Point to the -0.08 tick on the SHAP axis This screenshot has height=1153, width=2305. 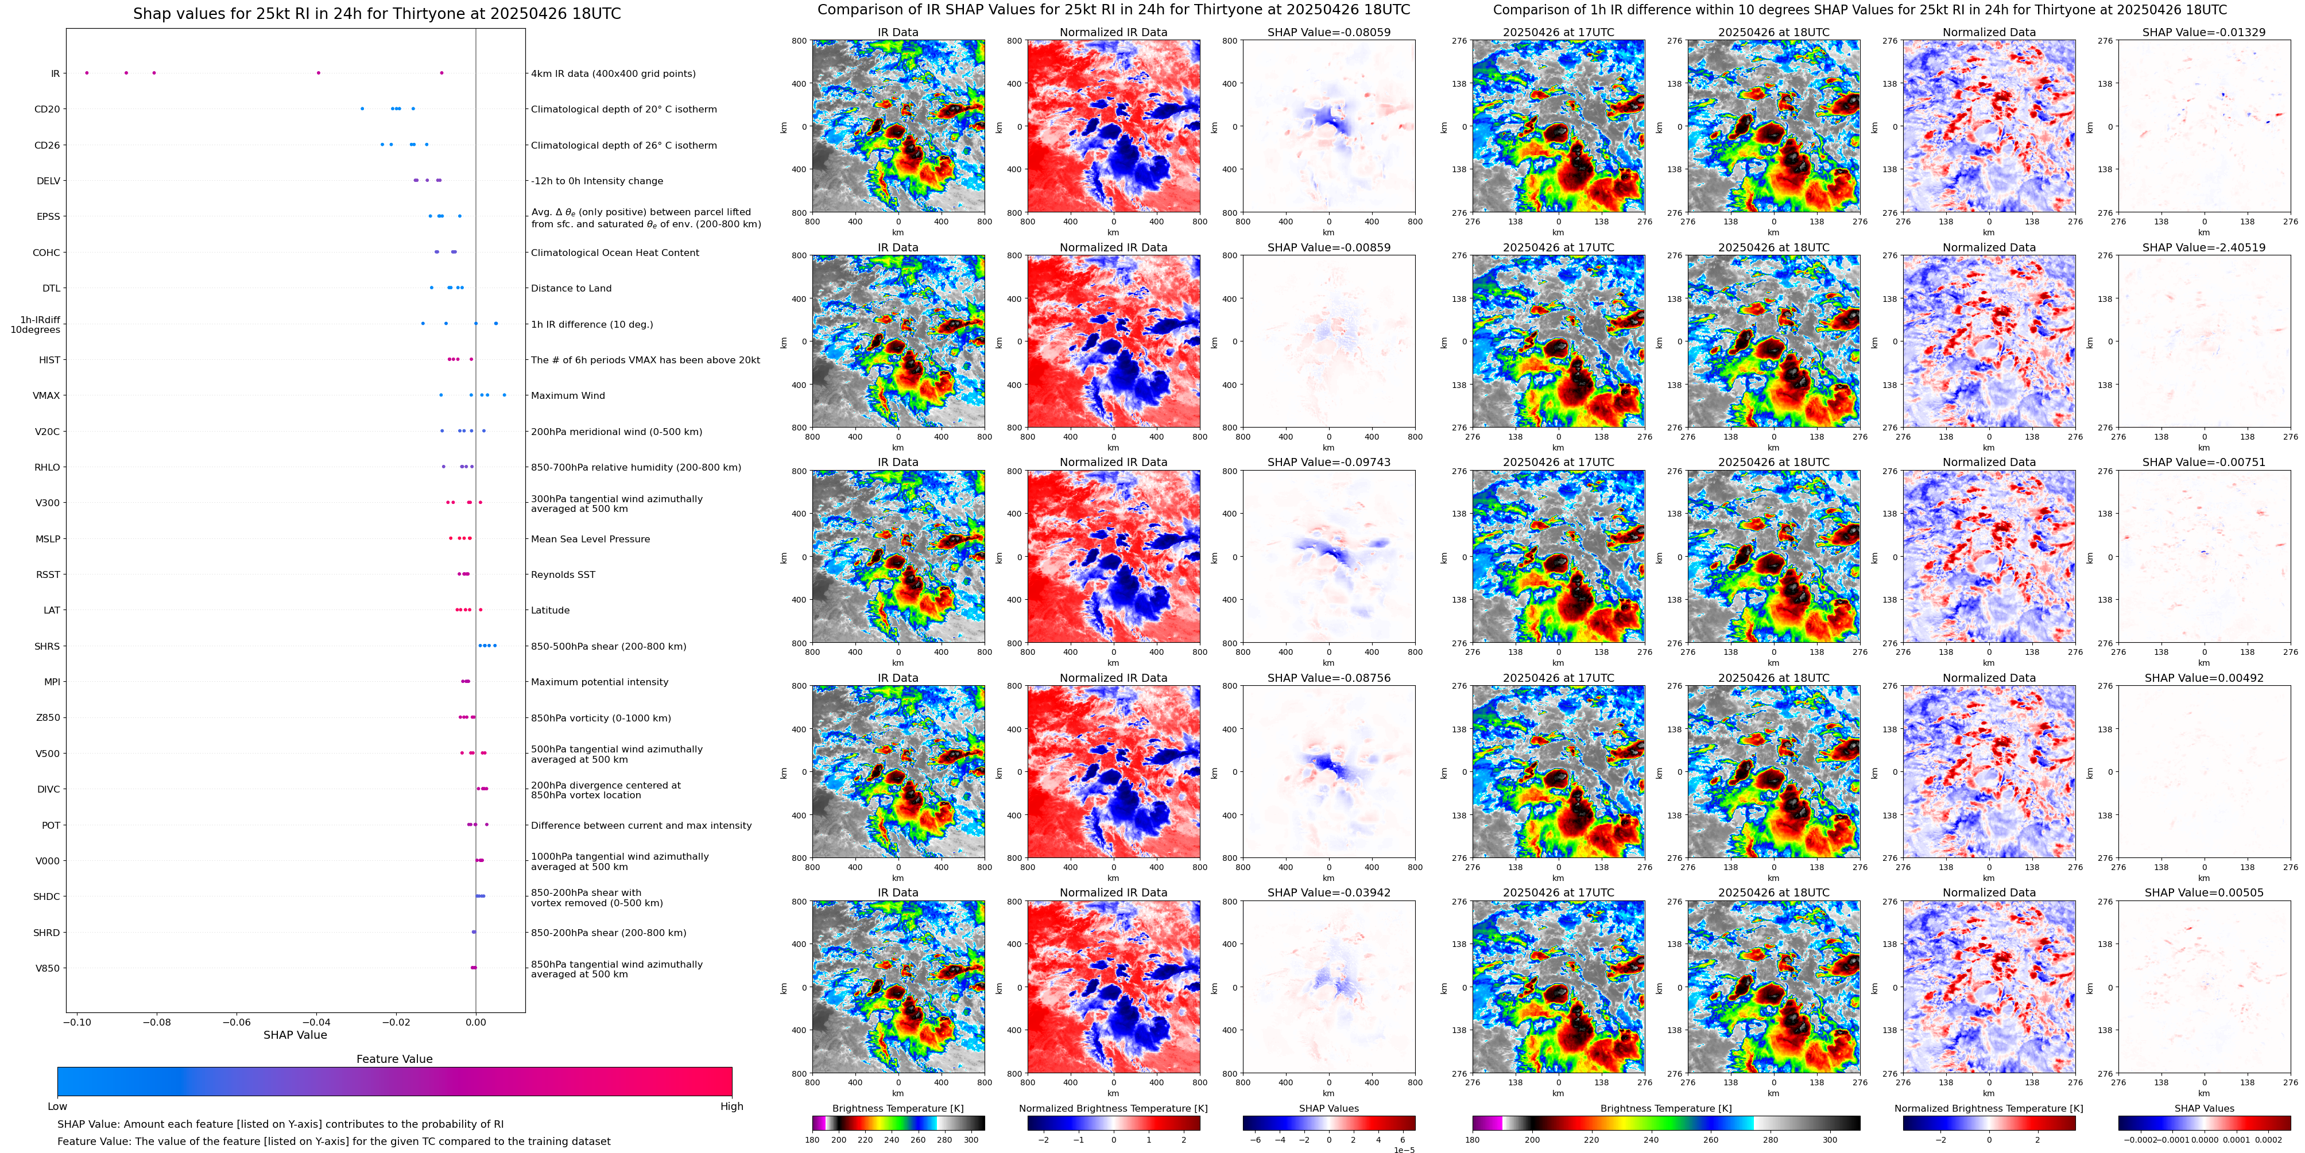pos(157,1022)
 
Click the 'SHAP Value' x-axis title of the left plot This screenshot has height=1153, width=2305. pos(295,1035)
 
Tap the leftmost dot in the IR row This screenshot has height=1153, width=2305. pos(87,72)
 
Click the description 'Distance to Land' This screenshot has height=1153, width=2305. pos(571,288)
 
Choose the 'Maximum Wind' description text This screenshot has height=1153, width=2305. pos(567,395)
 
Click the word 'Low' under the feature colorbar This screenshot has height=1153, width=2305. pos(57,1107)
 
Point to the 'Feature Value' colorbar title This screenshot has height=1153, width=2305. pos(394,1059)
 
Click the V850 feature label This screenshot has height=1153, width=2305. pos(48,968)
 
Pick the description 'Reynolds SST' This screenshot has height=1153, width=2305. pos(562,574)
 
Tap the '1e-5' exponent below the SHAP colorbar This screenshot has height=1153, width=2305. pos(1403,1150)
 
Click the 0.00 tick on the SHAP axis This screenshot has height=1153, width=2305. pos(476,1022)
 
